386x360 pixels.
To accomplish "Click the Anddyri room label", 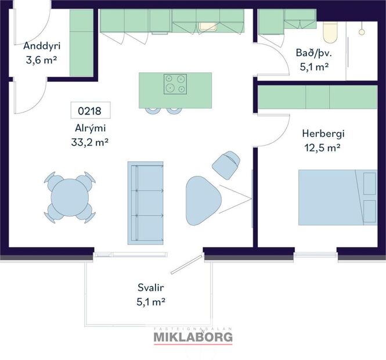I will (x=42, y=46).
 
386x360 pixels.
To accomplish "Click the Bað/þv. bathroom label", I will (x=313, y=53).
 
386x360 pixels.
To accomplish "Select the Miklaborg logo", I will (x=193, y=336).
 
